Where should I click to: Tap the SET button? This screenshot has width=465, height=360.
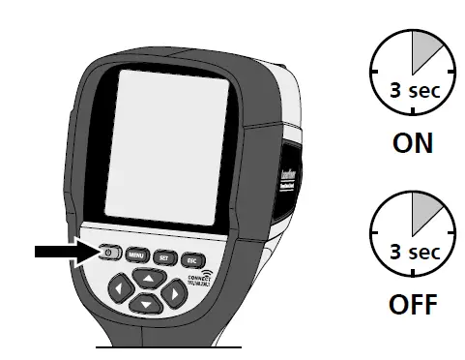pyautogui.click(x=163, y=257)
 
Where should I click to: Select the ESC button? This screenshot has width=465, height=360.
pyautogui.click(x=192, y=259)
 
